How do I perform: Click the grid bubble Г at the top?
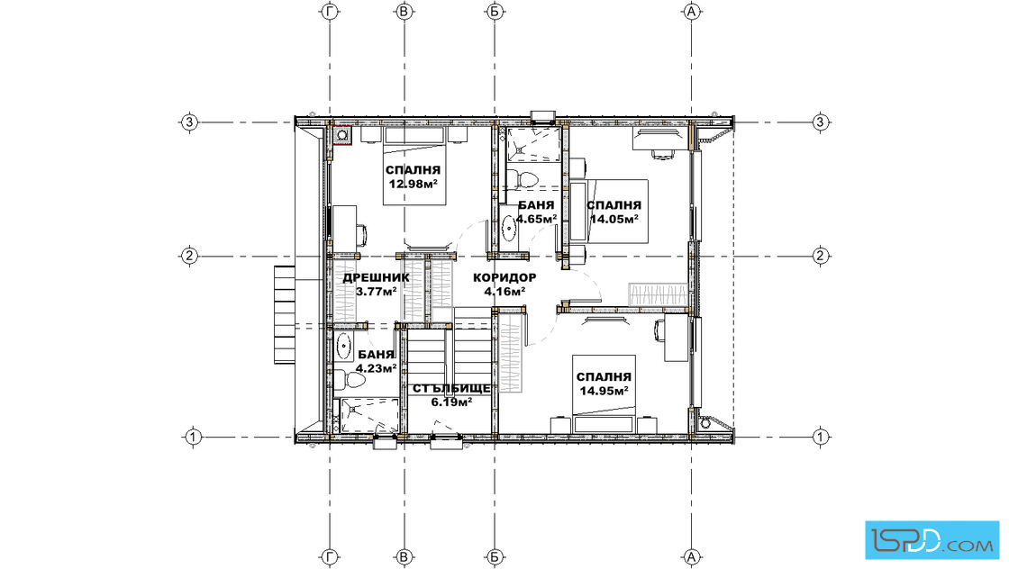(x=330, y=12)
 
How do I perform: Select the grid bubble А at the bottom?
(x=692, y=556)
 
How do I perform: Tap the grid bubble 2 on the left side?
(x=188, y=256)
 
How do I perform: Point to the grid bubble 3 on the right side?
(x=820, y=122)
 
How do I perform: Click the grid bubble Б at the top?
(x=495, y=12)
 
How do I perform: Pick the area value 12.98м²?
(x=414, y=184)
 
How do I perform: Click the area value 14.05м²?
(x=614, y=219)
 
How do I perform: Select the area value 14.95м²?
(x=604, y=390)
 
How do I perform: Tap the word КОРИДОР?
(x=504, y=278)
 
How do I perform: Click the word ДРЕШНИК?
(x=376, y=278)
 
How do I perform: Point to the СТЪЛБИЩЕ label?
(x=451, y=389)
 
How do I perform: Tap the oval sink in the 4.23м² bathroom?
(x=343, y=347)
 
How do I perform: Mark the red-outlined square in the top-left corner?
(x=342, y=135)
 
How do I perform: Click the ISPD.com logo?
(x=932, y=540)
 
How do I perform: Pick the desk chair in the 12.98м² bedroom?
(x=361, y=234)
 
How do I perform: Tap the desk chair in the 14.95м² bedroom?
(x=659, y=331)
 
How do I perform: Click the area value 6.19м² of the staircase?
(x=451, y=402)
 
